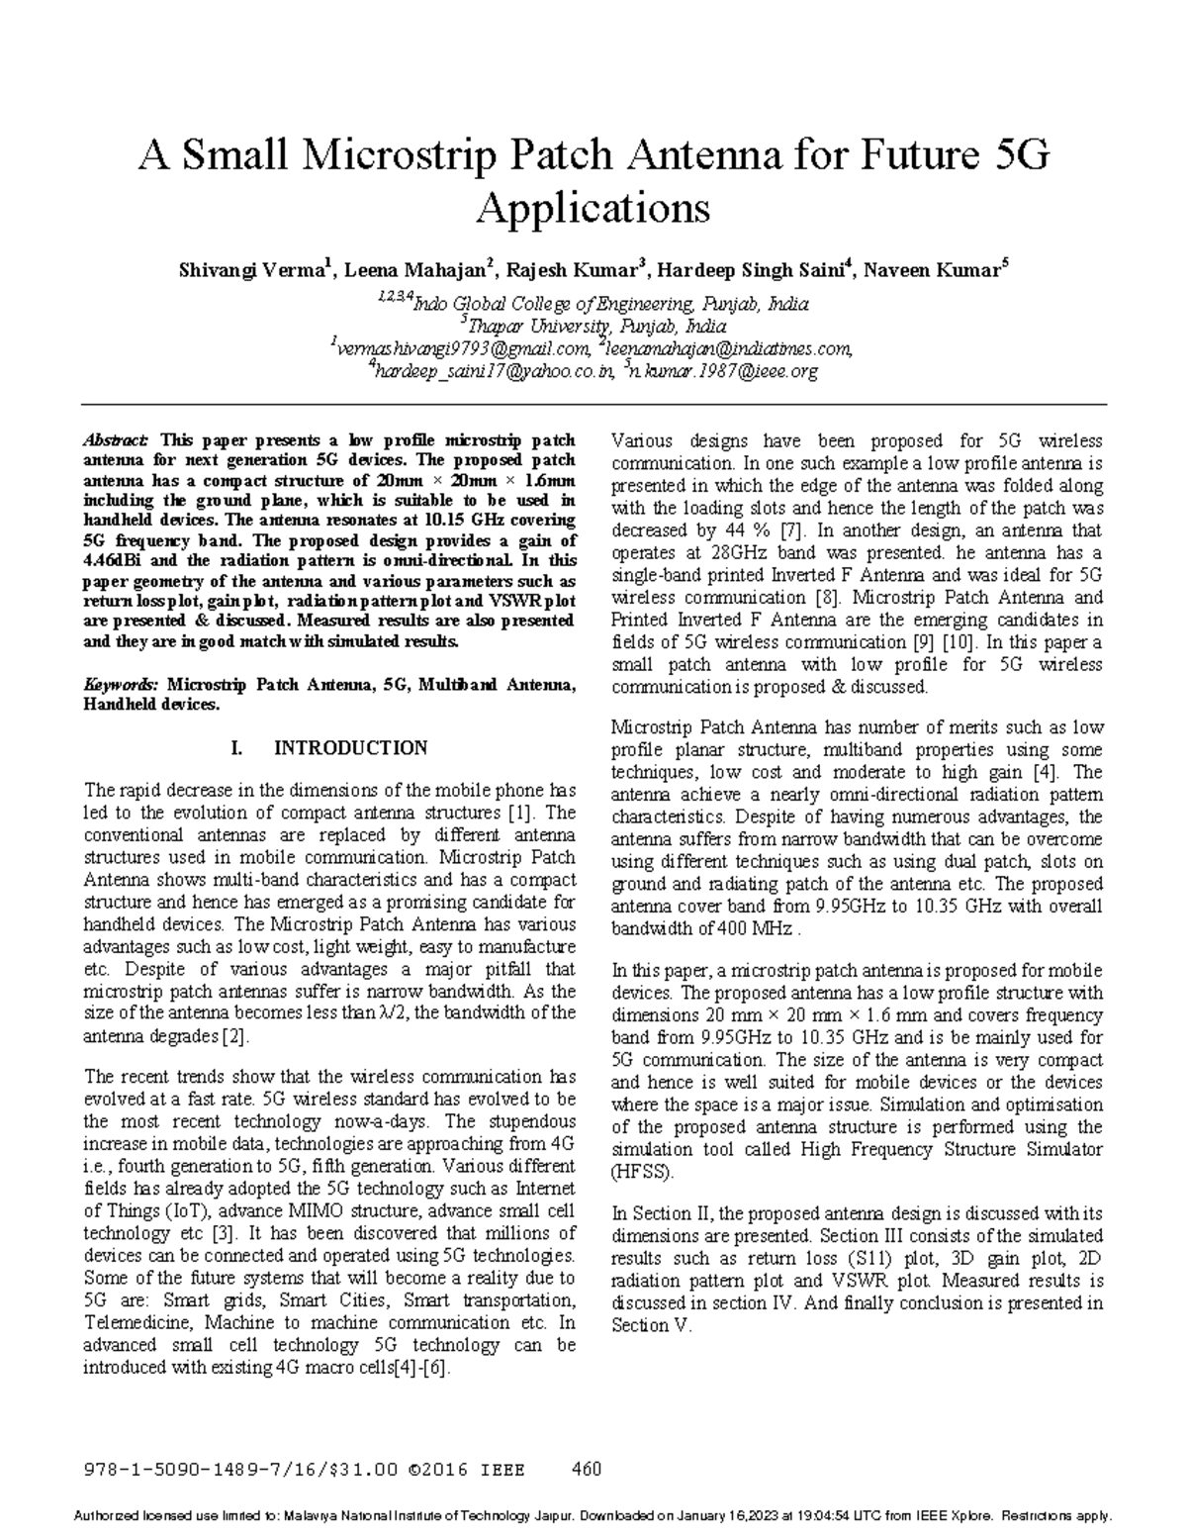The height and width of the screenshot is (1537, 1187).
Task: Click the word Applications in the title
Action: pyautogui.click(x=593, y=209)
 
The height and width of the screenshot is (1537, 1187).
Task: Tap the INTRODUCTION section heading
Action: pyautogui.click(x=350, y=748)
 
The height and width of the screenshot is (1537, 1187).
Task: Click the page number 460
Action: pyautogui.click(x=588, y=1469)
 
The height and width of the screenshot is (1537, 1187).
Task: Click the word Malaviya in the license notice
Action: pyautogui.click(x=360, y=1516)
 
